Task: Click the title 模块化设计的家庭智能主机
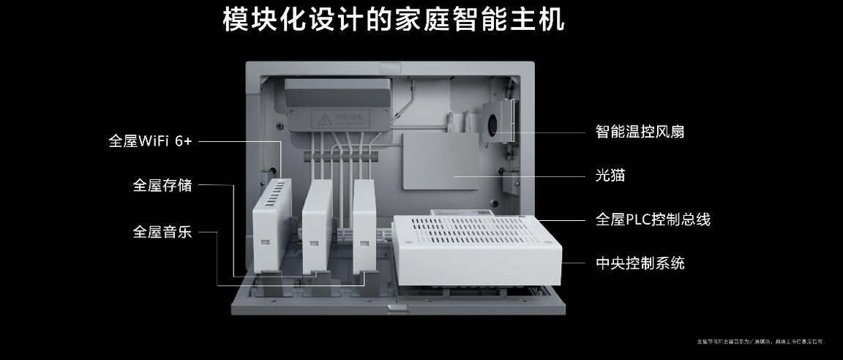click(393, 20)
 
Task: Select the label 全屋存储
click(162, 185)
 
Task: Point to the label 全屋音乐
click(162, 232)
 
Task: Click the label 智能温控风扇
click(640, 132)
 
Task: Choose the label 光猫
click(610, 176)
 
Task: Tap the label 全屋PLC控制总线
click(653, 219)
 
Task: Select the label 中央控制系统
click(640, 263)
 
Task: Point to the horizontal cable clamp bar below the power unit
click(340, 156)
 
